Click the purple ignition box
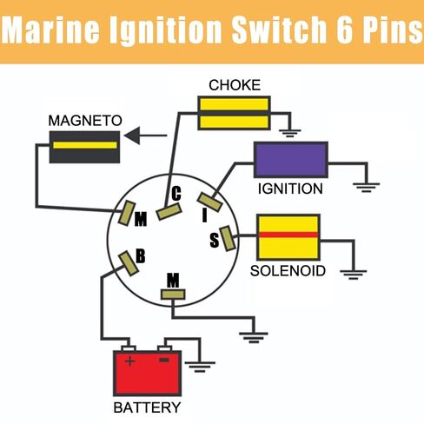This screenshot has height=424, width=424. point(291,160)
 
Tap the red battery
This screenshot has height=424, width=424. point(147,373)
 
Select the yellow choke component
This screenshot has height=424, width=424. point(234,113)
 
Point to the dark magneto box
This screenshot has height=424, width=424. point(84,147)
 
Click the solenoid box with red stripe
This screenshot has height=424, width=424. point(288,237)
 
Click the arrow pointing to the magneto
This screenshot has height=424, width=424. point(145,136)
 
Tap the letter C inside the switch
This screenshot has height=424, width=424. point(176,194)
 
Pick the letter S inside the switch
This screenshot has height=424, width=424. point(215,240)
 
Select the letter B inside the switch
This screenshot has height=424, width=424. point(141,256)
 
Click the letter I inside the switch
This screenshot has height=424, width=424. point(205,215)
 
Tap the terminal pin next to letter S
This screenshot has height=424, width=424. point(228,238)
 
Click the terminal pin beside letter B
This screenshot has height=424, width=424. point(129,263)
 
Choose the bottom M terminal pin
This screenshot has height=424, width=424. point(173,295)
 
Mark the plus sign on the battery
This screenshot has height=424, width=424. point(129,361)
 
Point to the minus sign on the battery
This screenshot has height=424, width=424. point(164,360)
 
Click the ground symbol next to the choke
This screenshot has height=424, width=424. point(290,134)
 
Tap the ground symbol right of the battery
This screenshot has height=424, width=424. point(200,367)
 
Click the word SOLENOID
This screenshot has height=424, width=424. point(288,271)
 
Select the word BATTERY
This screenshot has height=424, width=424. point(147,407)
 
